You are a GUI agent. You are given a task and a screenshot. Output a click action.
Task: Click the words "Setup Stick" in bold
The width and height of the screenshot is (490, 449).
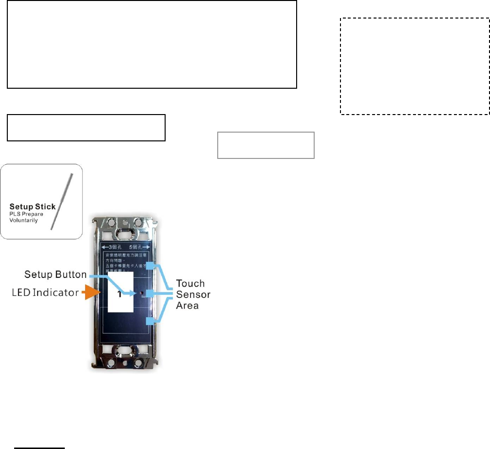coord(32,207)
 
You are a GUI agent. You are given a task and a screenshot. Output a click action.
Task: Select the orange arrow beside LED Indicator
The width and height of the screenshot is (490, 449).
coord(93,293)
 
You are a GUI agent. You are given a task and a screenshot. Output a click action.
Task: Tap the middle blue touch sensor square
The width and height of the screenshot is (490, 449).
coord(151,293)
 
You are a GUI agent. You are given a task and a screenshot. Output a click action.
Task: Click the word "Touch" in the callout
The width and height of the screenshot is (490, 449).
coord(190,283)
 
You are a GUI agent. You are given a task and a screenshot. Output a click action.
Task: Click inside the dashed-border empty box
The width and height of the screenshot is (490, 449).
coord(414,66)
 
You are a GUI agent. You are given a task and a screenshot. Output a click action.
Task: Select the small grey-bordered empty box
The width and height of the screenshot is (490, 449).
coord(265,145)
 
